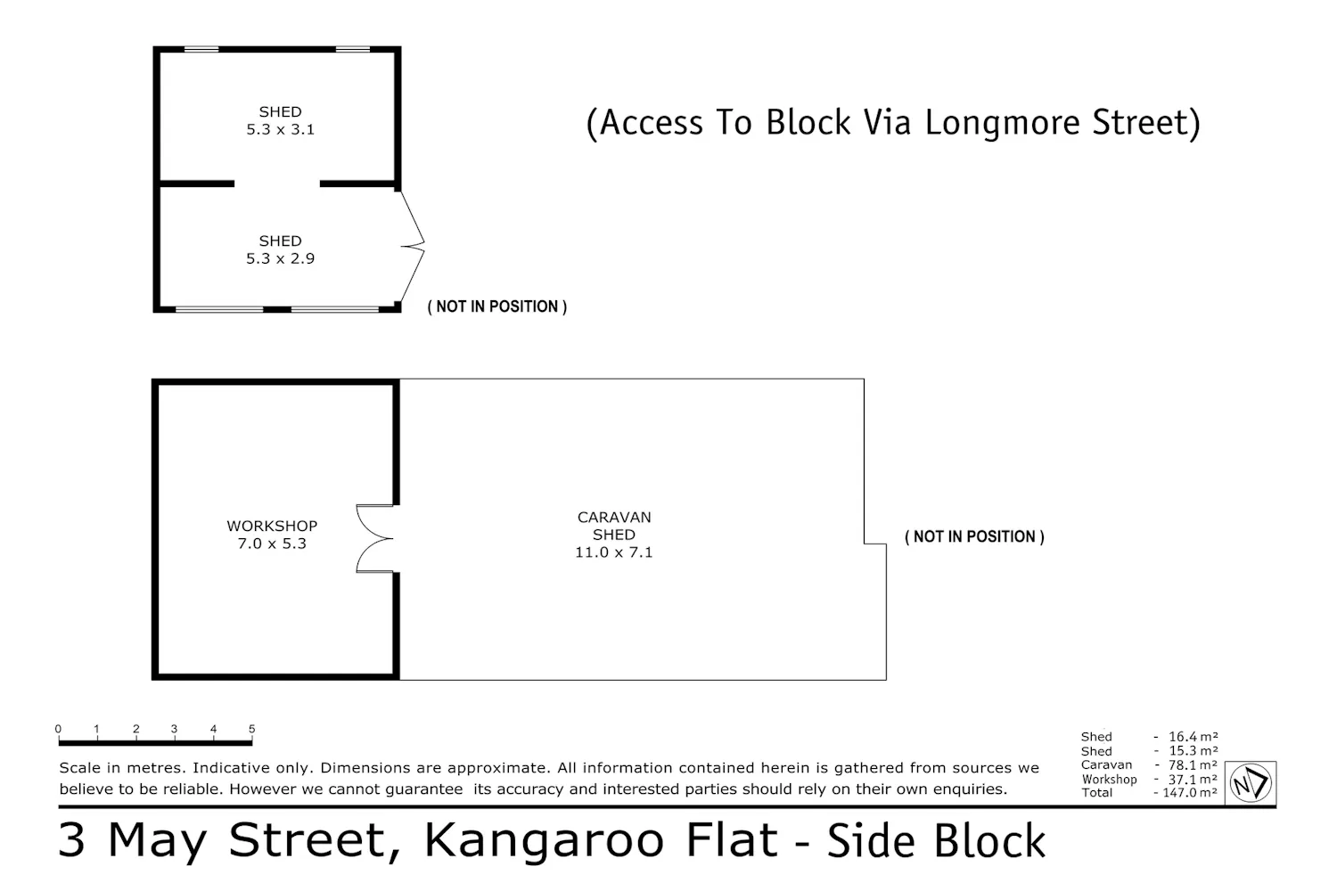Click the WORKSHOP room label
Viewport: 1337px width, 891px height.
point(272,526)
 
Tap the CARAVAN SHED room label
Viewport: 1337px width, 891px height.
point(613,526)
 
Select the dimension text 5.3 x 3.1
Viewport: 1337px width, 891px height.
point(280,129)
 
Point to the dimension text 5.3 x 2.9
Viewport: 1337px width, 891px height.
point(280,258)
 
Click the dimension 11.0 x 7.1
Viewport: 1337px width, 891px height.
point(613,552)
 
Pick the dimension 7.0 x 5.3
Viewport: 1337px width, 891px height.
point(272,544)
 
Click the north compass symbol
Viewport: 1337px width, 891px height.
point(1251,783)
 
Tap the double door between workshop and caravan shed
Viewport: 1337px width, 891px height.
point(374,539)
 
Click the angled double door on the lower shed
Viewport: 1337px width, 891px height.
point(413,247)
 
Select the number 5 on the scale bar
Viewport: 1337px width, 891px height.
point(252,729)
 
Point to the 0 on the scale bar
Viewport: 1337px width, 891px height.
point(58,729)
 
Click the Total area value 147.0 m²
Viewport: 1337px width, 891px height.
point(1190,792)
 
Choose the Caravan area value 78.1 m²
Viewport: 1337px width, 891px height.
point(1193,765)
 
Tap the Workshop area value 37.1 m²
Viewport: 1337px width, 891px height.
point(1193,780)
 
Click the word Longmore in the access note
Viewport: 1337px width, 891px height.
point(1003,124)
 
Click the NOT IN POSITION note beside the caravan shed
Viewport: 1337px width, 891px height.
point(975,536)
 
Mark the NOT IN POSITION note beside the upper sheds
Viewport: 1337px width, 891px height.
point(497,307)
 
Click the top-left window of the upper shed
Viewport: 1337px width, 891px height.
point(201,50)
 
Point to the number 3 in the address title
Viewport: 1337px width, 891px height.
point(71,840)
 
